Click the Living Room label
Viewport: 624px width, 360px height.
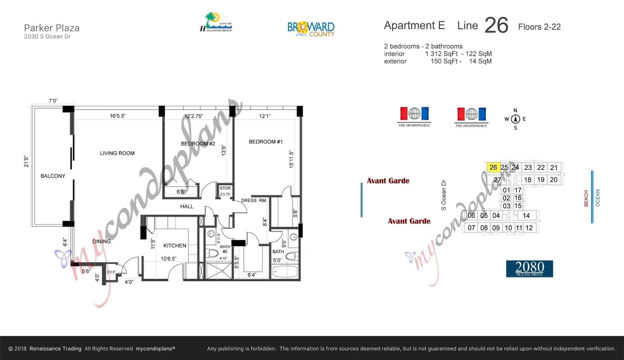[117, 153]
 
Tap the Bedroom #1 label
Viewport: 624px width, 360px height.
[266, 142]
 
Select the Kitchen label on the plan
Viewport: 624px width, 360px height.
[175, 246]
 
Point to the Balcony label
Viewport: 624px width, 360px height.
[53, 176]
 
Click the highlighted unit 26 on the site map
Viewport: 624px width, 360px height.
[493, 167]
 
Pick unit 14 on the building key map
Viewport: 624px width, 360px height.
[526, 216]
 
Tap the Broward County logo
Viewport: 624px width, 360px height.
[311, 29]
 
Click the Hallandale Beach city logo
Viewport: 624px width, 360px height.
[216, 22]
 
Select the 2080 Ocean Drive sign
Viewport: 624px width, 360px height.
[529, 269]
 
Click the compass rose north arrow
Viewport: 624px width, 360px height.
[515, 119]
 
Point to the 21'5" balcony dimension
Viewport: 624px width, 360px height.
[27, 162]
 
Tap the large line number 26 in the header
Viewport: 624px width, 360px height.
[496, 25]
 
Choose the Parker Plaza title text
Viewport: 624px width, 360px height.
[52, 28]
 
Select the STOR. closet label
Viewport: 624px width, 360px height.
[225, 188]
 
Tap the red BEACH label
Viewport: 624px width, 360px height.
[586, 199]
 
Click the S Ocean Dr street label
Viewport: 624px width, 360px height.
[444, 195]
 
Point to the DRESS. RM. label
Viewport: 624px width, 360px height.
[254, 201]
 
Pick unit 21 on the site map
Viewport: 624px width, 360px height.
[554, 167]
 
